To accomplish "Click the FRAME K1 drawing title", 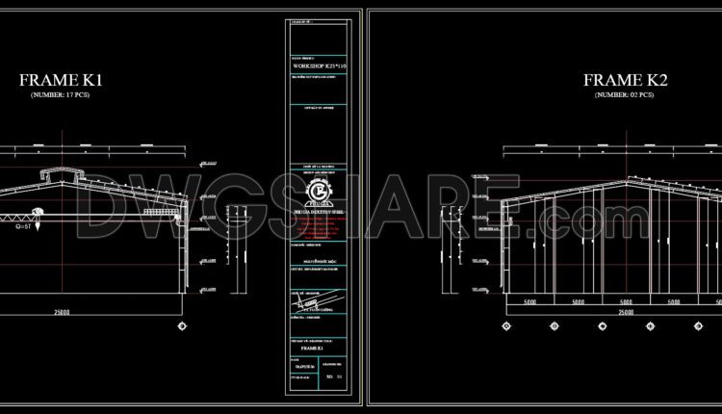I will pos(61,81).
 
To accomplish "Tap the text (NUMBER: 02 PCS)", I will pos(624,95).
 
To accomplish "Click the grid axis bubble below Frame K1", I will pos(182,326).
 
